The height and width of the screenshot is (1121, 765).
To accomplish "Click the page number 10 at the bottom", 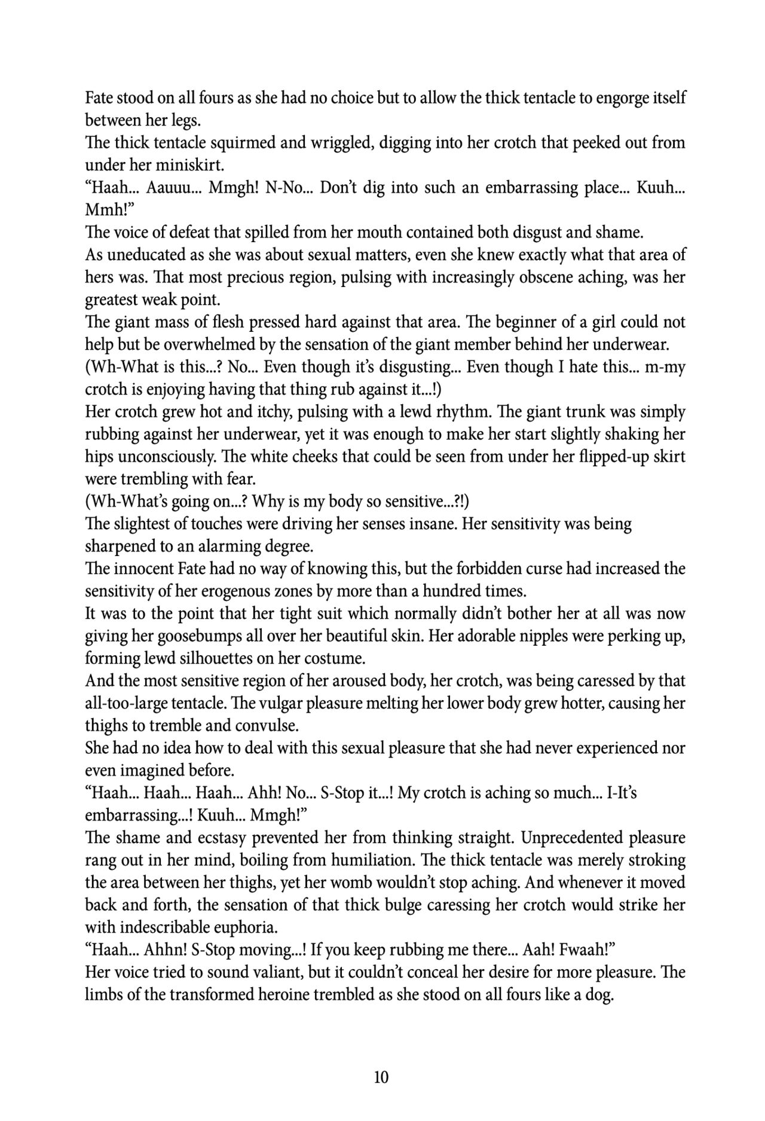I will tap(381, 1077).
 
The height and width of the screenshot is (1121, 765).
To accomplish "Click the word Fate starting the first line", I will tap(100, 97).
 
